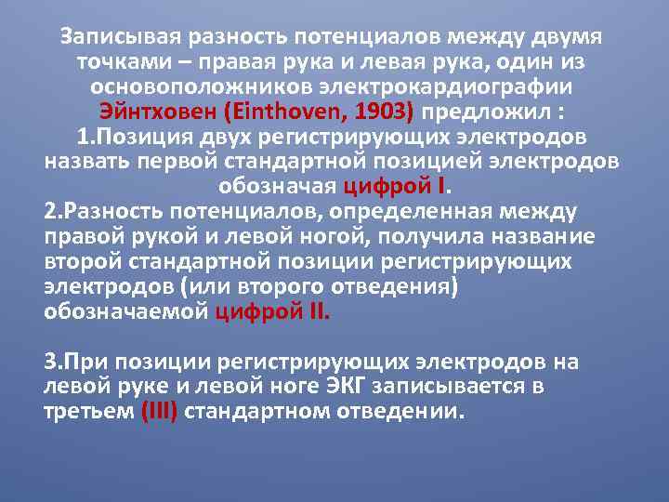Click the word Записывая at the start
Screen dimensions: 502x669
click(116, 37)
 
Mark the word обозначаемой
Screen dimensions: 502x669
click(125, 311)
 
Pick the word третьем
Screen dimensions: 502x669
click(89, 410)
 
